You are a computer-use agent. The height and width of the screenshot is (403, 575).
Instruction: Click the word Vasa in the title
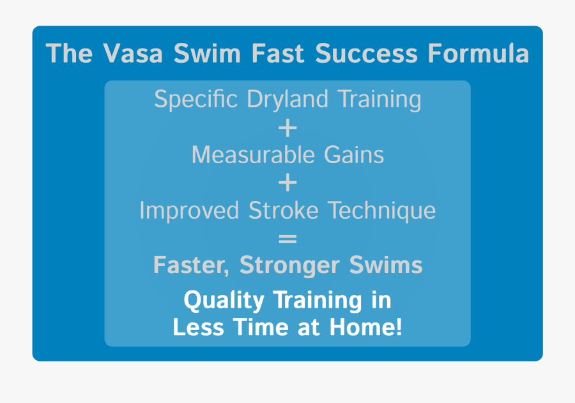[x=133, y=54]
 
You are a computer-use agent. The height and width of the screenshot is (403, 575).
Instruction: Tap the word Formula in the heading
[x=478, y=54]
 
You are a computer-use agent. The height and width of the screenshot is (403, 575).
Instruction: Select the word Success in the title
[x=366, y=54]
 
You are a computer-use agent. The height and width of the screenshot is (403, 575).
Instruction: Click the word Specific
[x=196, y=99]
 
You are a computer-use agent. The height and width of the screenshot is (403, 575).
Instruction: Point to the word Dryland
[x=287, y=99]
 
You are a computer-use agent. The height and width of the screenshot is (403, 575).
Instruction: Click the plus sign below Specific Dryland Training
[x=287, y=128]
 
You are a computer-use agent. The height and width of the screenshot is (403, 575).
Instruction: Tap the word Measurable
[x=253, y=155]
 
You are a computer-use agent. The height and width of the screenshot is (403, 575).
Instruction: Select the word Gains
[x=354, y=155]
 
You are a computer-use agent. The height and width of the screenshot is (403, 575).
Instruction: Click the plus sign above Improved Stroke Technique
[x=287, y=183]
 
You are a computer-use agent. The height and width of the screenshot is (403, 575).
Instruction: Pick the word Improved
[x=189, y=210]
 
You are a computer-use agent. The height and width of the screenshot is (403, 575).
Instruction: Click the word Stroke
[x=284, y=210]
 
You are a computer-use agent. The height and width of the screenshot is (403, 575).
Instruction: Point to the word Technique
[x=382, y=210]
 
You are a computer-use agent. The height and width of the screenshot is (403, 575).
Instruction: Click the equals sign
[x=287, y=239]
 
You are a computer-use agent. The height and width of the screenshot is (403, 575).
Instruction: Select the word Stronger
[x=289, y=265]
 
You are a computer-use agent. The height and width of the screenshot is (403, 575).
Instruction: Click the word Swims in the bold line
[x=386, y=265]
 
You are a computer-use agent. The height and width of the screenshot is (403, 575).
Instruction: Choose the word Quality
[x=224, y=301]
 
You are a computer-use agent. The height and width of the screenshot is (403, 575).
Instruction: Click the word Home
[x=366, y=326]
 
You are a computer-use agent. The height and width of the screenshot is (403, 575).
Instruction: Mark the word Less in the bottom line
[x=199, y=326]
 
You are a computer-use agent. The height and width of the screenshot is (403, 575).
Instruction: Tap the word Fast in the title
[x=278, y=54]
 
